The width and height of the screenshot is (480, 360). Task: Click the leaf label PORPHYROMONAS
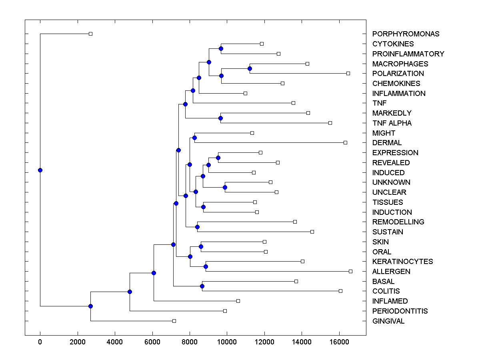coord(406,34)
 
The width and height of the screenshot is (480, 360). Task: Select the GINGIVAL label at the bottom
coord(388,321)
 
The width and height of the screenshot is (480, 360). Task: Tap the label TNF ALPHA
coord(392,123)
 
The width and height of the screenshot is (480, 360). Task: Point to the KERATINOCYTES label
coord(402,262)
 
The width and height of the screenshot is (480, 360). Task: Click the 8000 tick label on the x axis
coord(190,342)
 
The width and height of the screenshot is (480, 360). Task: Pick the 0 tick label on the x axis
coord(40,342)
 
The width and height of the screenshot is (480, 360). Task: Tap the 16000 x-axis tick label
coord(339,342)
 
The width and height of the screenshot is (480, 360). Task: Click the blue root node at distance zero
coord(40,170)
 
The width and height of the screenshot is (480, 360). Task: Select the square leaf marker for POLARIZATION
coord(348,73)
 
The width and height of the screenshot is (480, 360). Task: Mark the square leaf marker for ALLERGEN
coord(350,271)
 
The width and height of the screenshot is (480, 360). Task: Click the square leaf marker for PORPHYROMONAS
coord(90,34)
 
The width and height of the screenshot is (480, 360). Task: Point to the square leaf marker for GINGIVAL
coord(174,321)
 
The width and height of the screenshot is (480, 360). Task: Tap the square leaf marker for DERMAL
coord(345,142)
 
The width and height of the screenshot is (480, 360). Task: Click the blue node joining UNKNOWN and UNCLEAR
coord(225,187)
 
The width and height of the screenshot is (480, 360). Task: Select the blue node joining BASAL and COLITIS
coord(202,286)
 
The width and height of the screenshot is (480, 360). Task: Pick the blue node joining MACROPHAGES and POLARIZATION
coord(250,68)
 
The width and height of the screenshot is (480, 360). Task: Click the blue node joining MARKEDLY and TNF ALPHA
coord(220,118)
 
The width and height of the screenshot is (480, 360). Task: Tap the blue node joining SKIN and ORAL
coord(201,246)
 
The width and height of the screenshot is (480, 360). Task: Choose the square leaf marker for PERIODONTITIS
coord(225,311)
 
